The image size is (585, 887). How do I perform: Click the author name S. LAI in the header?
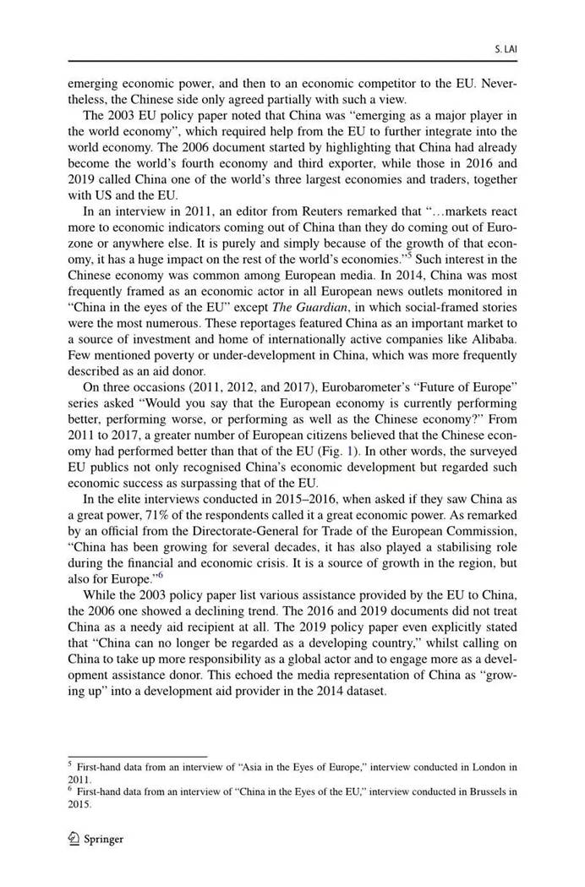506,50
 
